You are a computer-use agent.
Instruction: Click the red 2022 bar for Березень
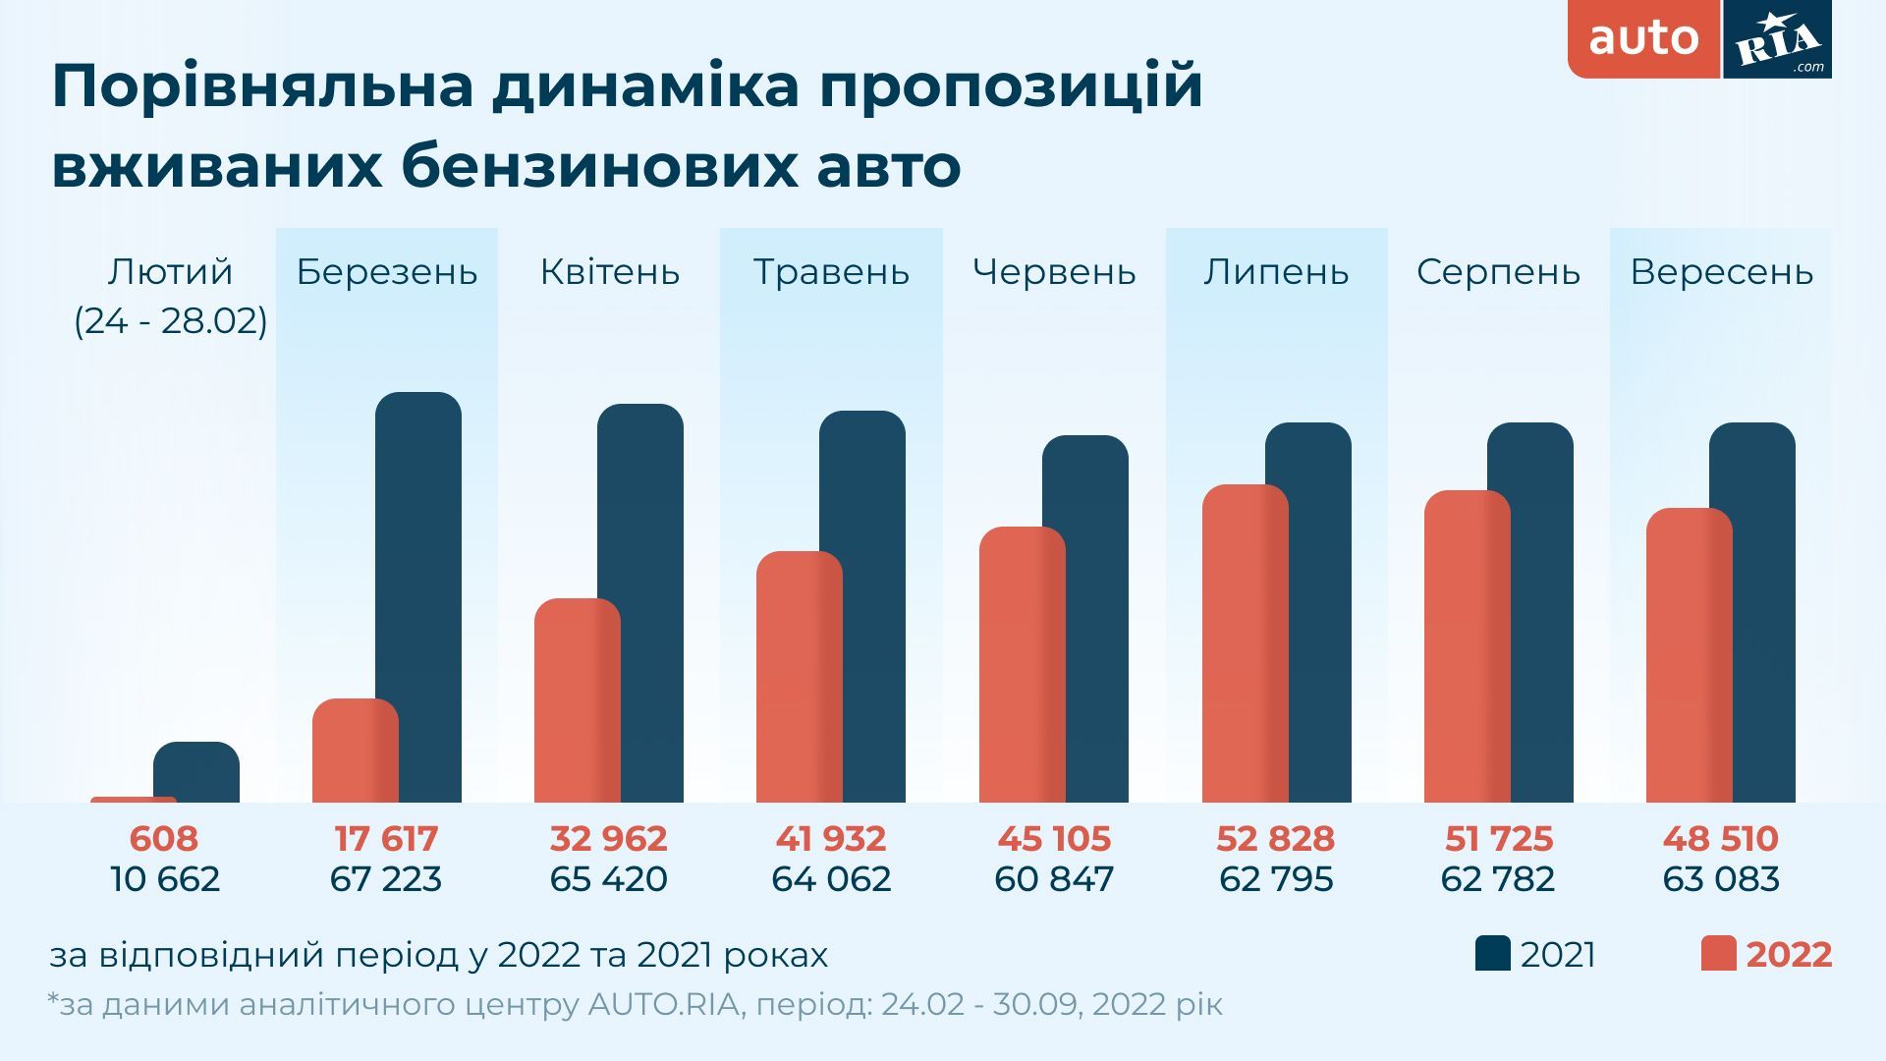coord(355,751)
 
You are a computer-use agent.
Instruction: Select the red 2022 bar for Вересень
coord(1687,655)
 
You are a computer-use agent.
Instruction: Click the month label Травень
coord(831,272)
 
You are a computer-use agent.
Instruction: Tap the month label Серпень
coord(1498,272)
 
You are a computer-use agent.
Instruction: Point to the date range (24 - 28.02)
coord(171,321)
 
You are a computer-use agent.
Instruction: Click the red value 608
coord(164,839)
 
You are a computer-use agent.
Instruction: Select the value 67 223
coord(386,878)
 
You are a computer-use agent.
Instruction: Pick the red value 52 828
coord(1275,839)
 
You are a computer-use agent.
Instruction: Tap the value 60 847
coord(1054,878)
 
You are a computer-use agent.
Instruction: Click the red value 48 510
coord(1720,839)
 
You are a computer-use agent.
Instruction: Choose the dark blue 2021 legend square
coord(1492,954)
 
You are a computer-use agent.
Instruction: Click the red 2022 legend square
coord(1718,954)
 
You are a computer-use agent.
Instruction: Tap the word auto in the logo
coord(1643,38)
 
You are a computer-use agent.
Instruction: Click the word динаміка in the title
coord(646,86)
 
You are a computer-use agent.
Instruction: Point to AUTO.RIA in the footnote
coord(663,1005)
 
